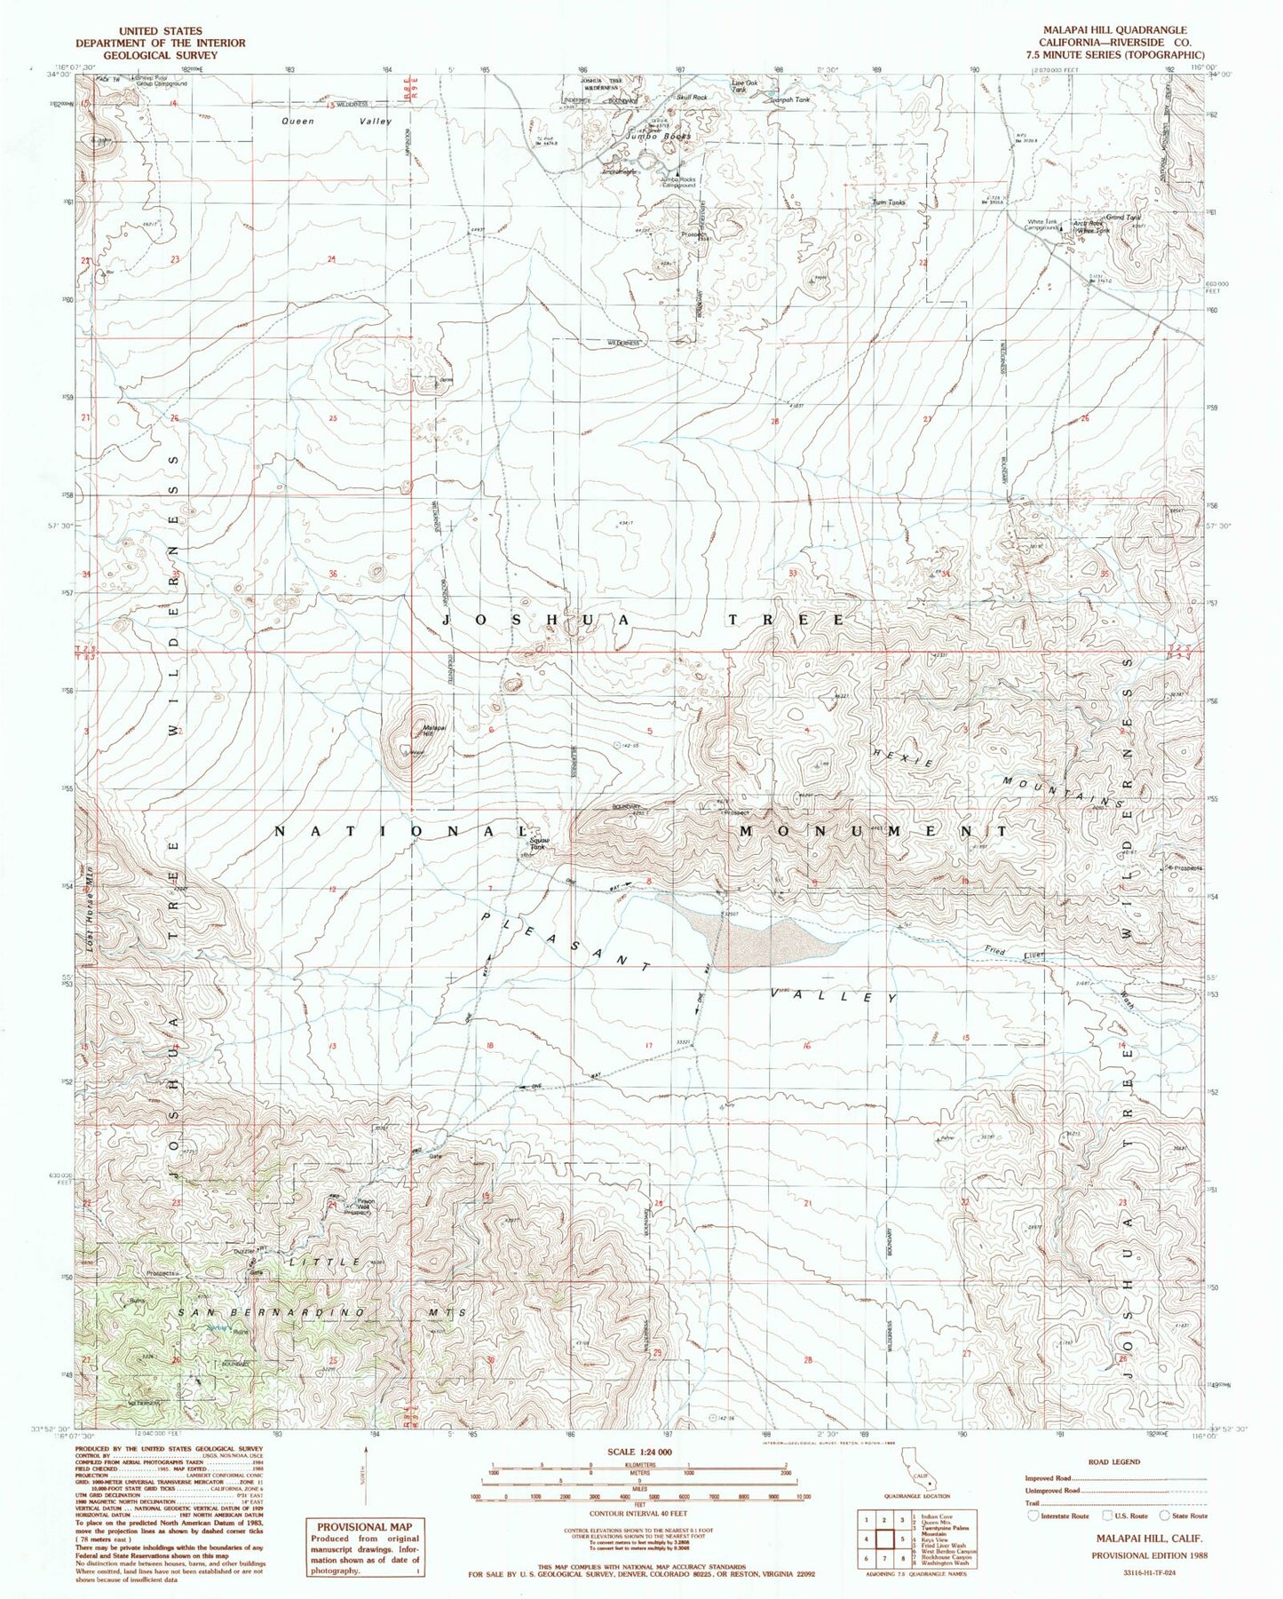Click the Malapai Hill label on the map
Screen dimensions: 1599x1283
pyautogui.click(x=426, y=730)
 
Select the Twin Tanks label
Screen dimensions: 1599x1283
pyautogui.click(x=889, y=202)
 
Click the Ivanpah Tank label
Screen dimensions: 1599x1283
pyautogui.click(x=789, y=99)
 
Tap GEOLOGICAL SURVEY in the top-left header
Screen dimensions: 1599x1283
pyautogui.click(x=160, y=54)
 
